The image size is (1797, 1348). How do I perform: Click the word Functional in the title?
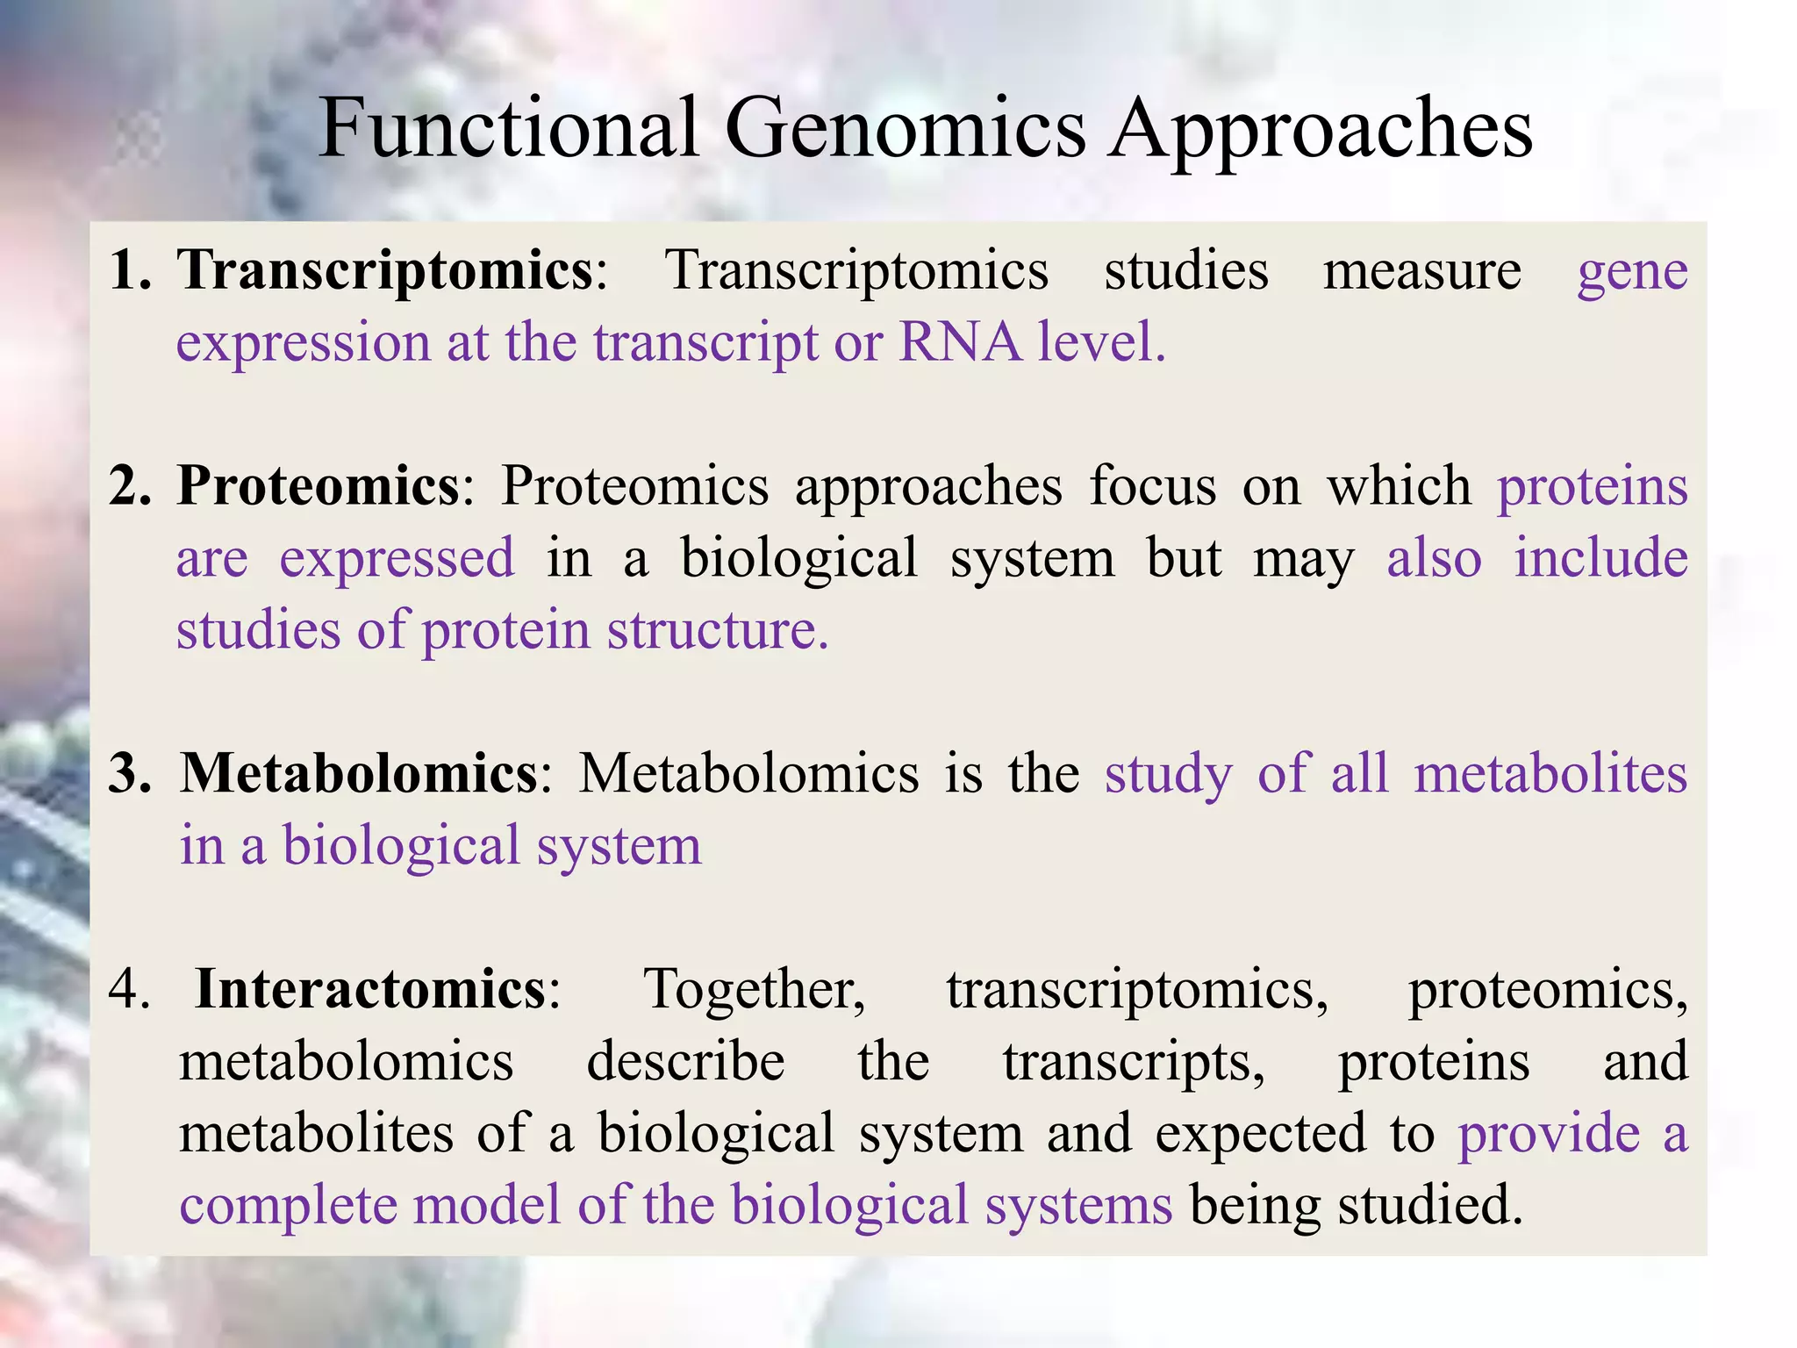[508, 128]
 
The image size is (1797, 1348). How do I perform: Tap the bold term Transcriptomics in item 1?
[386, 270]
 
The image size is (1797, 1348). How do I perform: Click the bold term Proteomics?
[318, 485]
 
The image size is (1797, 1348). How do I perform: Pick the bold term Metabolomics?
[358, 773]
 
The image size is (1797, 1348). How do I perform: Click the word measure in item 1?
[1421, 270]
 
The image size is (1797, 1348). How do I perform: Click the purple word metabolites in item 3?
[1550, 773]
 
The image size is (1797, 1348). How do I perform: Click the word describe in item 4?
[685, 1061]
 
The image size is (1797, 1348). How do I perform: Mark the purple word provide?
[1549, 1134]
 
